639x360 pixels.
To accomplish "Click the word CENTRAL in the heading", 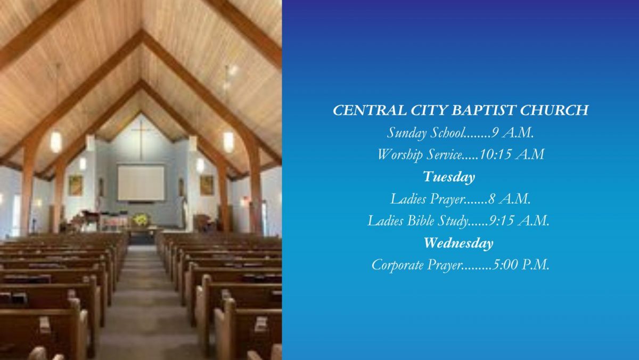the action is (x=370, y=110).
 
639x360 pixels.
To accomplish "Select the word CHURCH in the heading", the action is (x=554, y=110).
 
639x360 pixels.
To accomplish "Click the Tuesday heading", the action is (x=449, y=177).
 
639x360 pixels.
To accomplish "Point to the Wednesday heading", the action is (x=458, y=243).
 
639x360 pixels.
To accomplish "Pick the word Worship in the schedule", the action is (x=400, y=155).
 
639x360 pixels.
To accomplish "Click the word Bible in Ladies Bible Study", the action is (x=421, y=220).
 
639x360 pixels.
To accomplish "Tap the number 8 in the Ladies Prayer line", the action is (x=491, y=199).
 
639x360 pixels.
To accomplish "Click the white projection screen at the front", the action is (x=141, y=183).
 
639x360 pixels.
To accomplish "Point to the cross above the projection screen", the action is (x=141, y=140).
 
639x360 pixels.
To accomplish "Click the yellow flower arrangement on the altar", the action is (x=140, y=219).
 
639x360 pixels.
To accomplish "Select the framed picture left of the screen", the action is (x=76, y=185).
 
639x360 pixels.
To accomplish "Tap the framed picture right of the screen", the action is (x=207, y=185).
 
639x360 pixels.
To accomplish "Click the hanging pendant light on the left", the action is (x=56, y=142).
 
